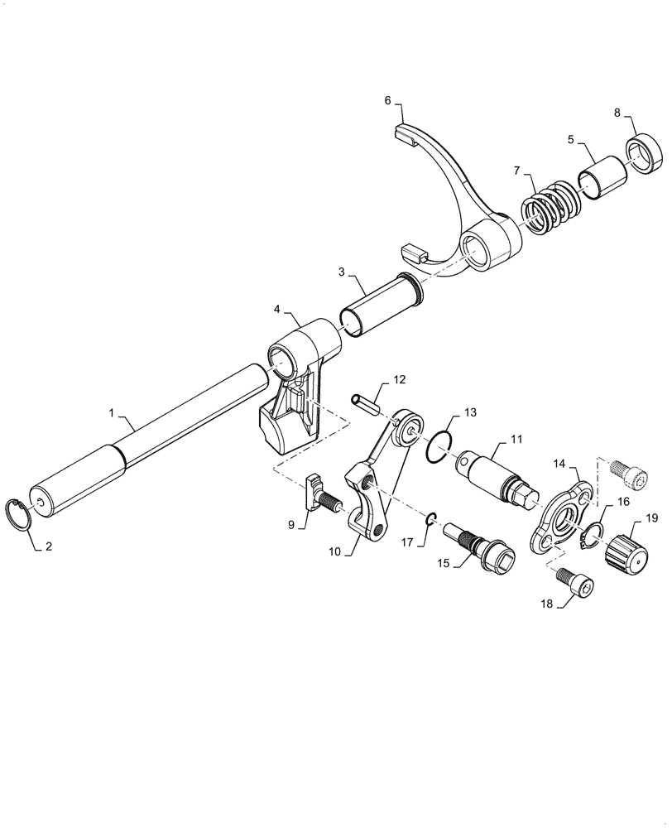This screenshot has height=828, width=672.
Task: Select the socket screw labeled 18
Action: (576, 590)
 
